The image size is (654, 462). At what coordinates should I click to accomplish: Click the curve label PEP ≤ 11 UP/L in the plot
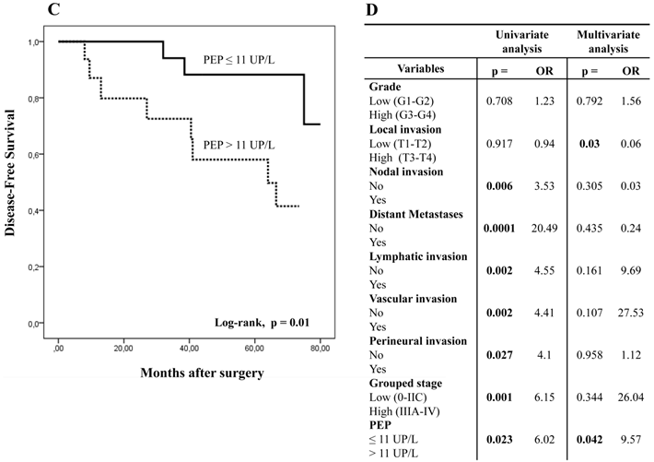pyautogui.click(x=239, y=60)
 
